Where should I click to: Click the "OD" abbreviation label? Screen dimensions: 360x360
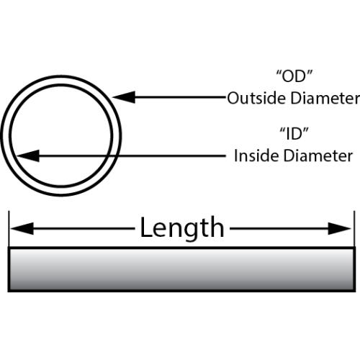[x=294, y=76]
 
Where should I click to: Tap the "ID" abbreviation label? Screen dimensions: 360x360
[x=294, y=134]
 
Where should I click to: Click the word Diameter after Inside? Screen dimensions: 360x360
[x=318, y=156]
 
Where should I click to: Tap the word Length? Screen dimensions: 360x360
[x=182, y=228]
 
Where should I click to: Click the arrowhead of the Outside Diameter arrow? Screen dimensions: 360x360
[x=123, y=97]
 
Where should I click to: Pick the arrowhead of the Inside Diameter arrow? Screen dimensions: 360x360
[x=27, y=156]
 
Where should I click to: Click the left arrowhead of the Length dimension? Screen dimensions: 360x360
[x=22, y=228]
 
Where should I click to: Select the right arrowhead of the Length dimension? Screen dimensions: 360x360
[x=339, y=228]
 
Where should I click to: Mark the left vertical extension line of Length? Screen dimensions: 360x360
[x=9, y=229]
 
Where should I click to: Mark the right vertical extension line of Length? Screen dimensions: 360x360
[x=354, y=229]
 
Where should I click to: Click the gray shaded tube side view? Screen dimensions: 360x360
[x=181, y=269]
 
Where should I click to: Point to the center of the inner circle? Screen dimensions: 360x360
[x=61, y=135]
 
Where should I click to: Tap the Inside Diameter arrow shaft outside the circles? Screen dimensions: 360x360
[x=174, y=156]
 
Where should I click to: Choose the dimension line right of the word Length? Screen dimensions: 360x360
[x=279, y=228]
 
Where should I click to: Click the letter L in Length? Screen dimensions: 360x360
[x=146, y=227]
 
